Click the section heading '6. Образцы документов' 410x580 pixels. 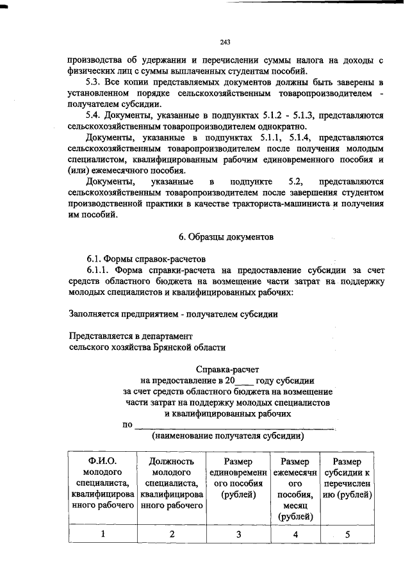[x=226, y=236]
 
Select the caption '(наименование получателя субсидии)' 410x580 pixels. [x=227, y=436]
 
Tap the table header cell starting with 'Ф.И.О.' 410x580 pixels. [x=103, y=483]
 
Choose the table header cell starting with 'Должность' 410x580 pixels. [x=171, y=483]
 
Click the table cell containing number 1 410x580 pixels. [x=103, y=534]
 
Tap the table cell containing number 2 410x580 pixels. [x=171, y=534]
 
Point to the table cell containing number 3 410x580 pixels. [x=238, y=534]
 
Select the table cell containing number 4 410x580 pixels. [x=295, y=534]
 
